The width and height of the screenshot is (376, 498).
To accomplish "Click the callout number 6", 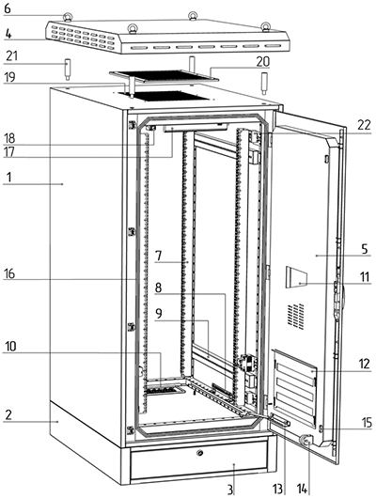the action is (7, 8).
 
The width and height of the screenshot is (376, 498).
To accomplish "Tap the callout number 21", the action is (12, 56).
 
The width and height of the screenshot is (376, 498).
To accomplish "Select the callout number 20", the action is (262, 62).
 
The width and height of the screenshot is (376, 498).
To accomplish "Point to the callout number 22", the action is (364, 125).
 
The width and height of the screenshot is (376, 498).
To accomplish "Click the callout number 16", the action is (9, 273).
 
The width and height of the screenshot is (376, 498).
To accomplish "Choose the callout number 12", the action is (365, 364).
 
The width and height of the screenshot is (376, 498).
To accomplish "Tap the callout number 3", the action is (230, 490).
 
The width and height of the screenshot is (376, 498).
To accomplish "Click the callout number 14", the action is (303, 490).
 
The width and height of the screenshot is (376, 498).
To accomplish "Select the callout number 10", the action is (10, 347).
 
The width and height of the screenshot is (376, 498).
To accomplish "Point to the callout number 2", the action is (8, 414).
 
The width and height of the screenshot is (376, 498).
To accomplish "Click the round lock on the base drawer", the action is (200, 453).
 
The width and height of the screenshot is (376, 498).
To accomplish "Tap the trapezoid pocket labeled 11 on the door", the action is (296, 277).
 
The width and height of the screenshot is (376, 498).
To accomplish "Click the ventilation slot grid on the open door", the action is (295, 316).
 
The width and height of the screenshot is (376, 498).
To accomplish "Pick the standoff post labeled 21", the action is (67, 70).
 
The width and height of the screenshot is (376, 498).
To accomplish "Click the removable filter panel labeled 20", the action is (164, 76).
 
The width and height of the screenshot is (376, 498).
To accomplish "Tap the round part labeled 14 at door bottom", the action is (306, 440).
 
